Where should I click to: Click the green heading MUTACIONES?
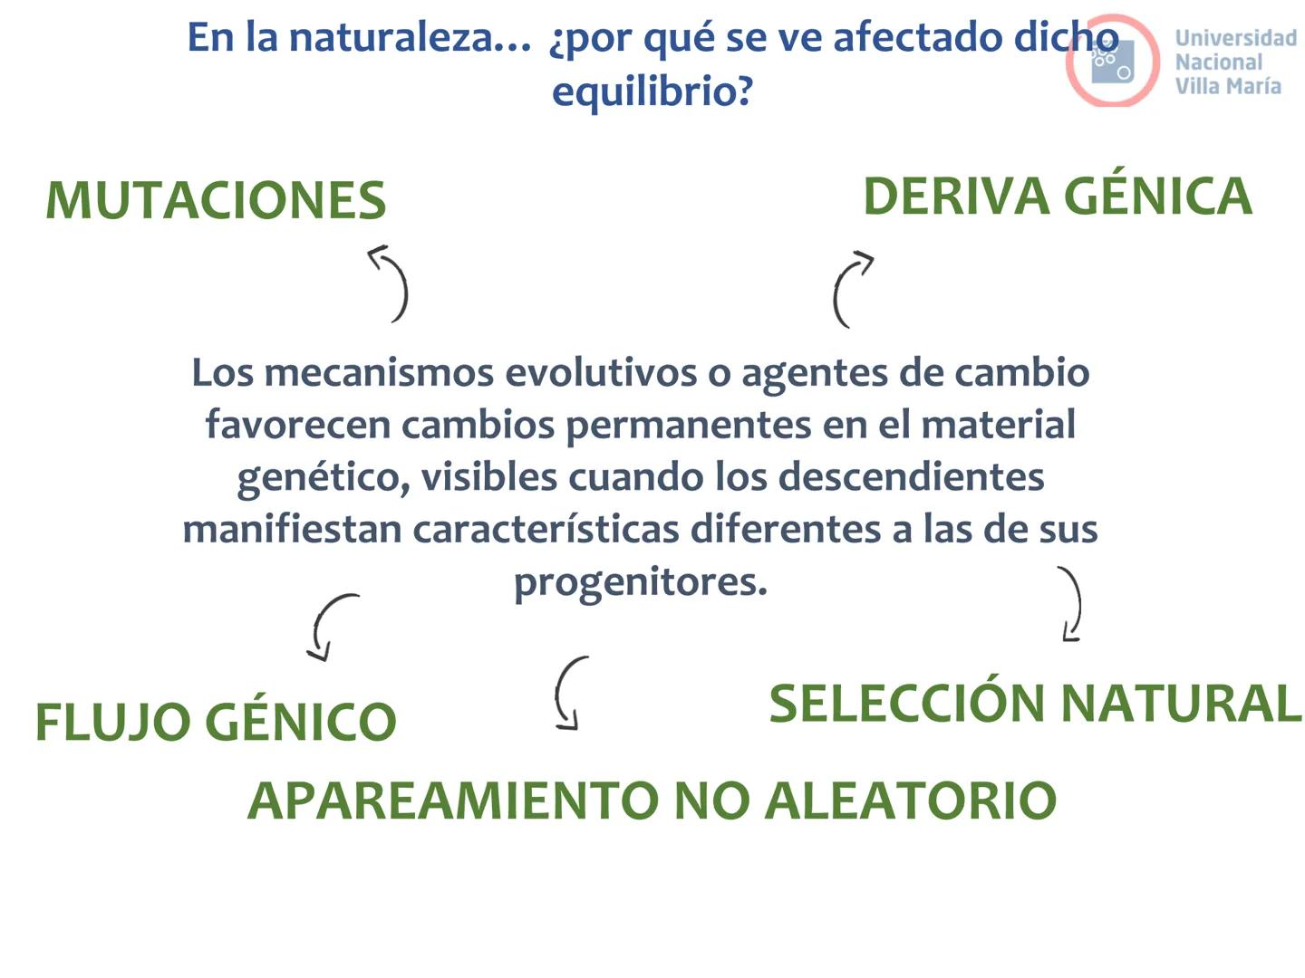(x=216, y=201)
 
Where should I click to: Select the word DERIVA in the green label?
(x=954, y=197)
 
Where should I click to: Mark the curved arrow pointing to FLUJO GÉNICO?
(x=330, y=626)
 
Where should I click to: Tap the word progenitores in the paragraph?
(x=640, y=582)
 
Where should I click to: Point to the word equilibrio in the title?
(x=652, y=91)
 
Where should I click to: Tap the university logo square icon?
(x=1112, y=61)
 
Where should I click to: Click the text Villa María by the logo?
(x=1228, y=86)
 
